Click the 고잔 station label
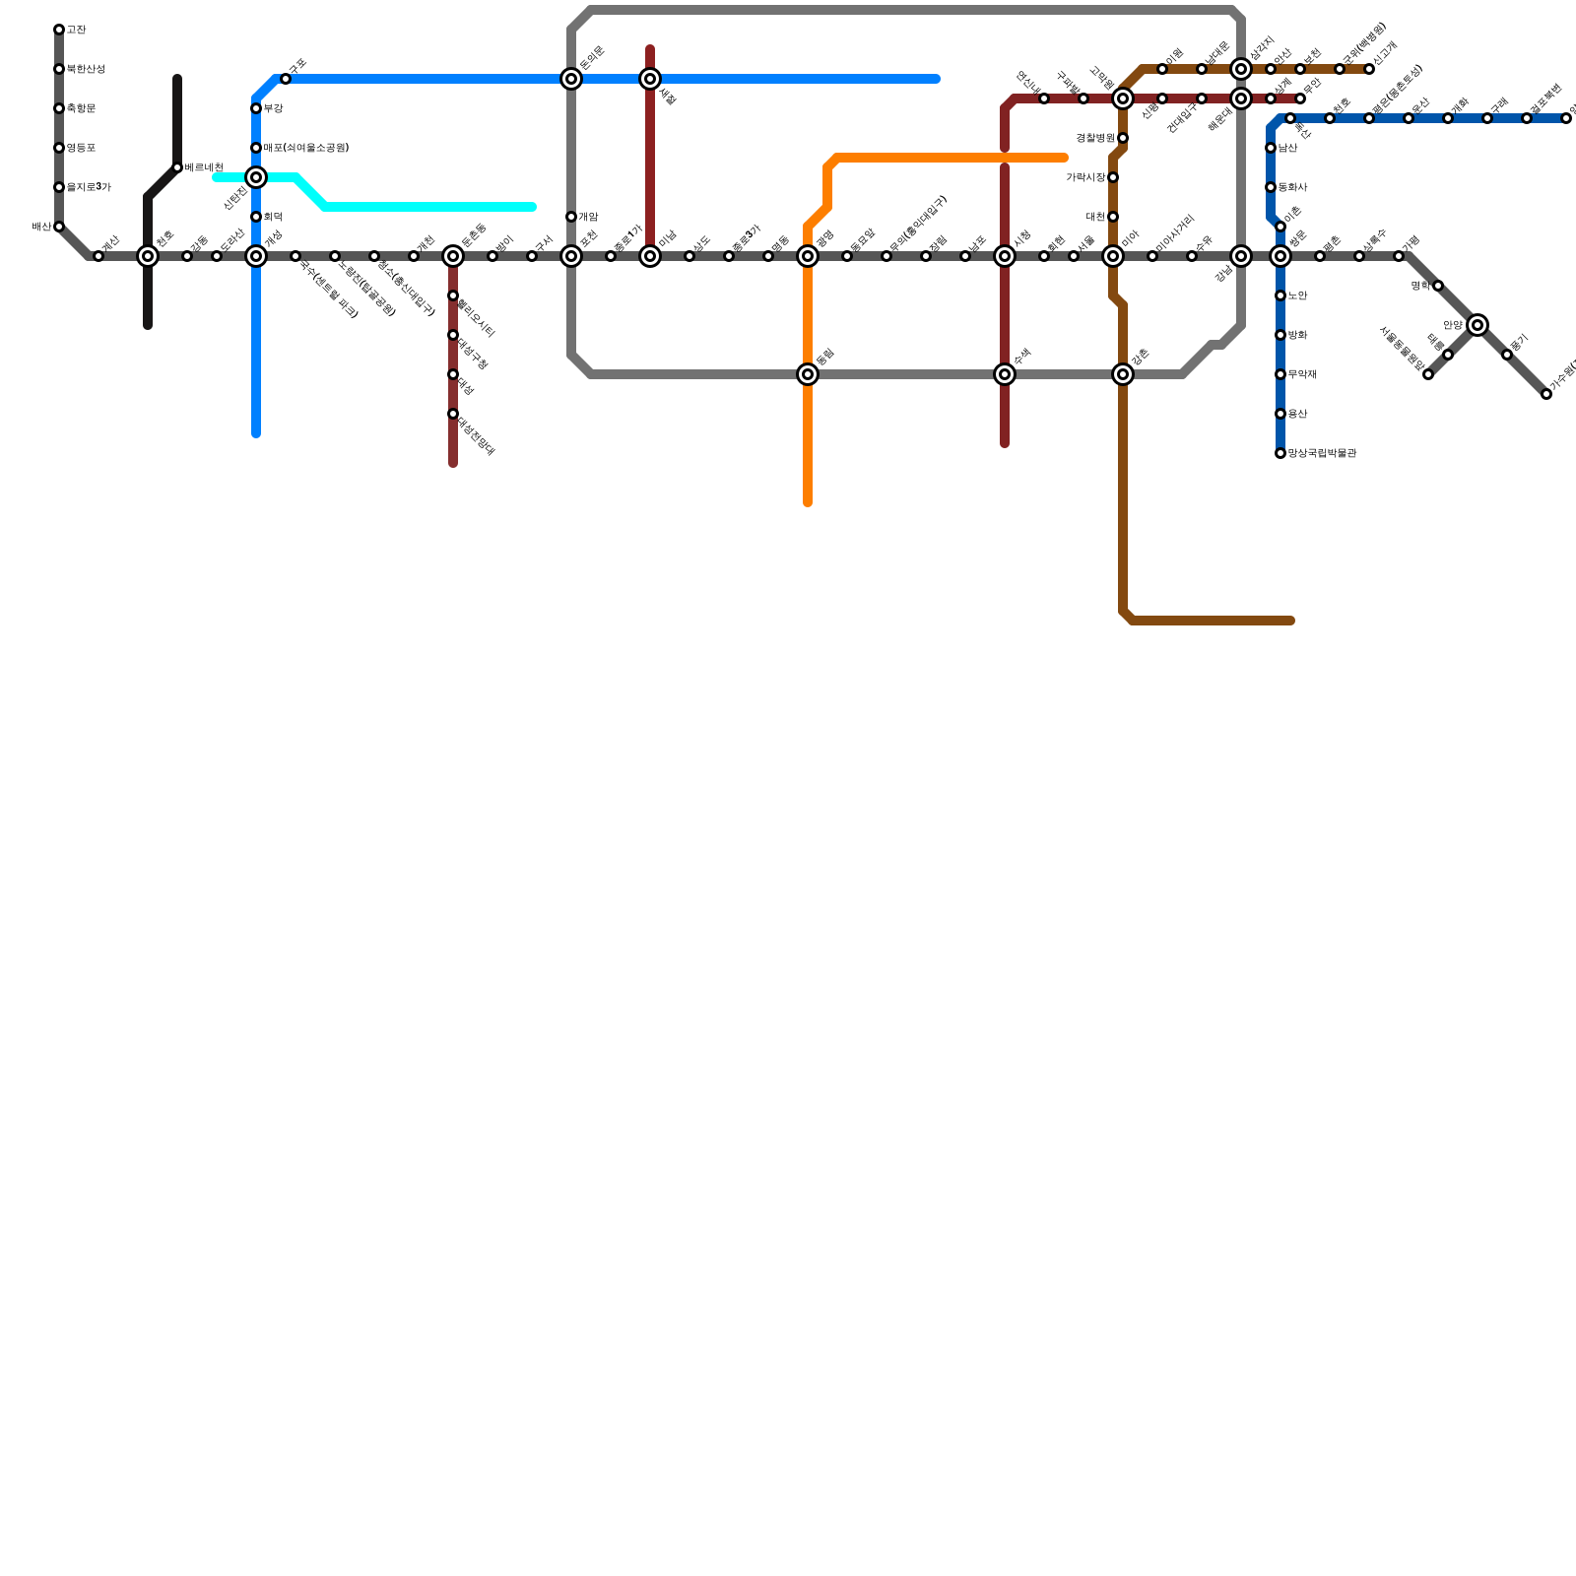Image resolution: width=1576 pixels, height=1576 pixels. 76,31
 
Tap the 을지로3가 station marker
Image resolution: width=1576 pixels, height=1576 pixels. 59,187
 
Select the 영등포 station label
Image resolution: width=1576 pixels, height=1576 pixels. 81,148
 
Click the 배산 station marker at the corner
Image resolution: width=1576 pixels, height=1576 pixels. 59,227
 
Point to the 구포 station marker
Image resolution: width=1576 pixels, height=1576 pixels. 286,79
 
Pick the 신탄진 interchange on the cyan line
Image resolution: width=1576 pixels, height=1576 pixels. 256,177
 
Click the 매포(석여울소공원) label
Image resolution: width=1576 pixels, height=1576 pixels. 305,148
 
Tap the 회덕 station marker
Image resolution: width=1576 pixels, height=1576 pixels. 256,217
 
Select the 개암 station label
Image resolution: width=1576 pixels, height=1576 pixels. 588,217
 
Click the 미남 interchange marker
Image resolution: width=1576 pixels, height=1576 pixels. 650,256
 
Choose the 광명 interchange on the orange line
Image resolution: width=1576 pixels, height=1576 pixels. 808,256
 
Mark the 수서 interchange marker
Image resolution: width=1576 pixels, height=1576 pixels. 1005,374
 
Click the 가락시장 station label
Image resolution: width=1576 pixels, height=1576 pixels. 1085,177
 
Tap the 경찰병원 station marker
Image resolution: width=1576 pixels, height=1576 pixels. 1123,138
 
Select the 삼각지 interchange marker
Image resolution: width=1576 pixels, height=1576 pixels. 1241,69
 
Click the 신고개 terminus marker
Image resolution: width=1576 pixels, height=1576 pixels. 1369,69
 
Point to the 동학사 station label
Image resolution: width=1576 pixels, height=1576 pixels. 1292,187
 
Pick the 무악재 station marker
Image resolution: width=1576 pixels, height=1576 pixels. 1280,374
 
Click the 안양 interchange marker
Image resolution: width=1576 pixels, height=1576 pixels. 1477,325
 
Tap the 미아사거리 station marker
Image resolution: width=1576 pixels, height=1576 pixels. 1152,256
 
